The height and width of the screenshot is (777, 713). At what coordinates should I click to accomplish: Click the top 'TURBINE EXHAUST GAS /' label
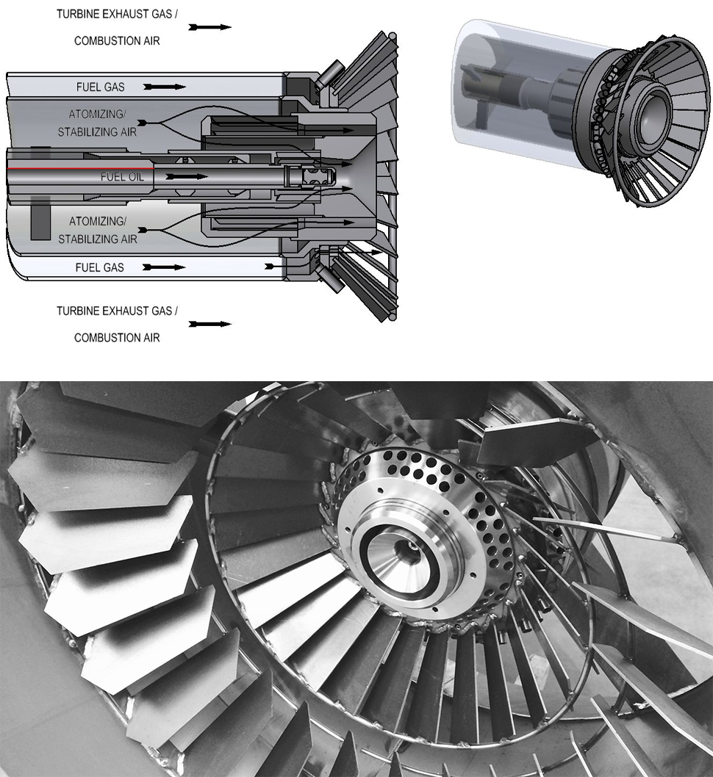(117, 14)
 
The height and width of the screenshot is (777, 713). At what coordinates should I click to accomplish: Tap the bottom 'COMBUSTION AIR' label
(117, 338)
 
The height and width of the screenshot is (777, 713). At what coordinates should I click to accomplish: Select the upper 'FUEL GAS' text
(100, 87)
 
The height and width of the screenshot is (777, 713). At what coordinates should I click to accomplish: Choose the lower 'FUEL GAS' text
(100, 267)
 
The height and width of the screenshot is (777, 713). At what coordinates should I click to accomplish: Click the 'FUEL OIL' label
(122, 177)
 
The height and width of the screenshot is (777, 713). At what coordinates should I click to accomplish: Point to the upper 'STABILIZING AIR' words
(97, 132)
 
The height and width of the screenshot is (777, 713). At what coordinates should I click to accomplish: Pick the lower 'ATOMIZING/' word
(98, 221)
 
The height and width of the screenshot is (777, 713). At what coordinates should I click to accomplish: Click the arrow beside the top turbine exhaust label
(209, 27)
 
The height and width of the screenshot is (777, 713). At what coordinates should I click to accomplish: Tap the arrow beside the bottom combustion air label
(209, 324)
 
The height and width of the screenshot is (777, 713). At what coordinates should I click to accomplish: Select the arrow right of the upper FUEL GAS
(165, 87)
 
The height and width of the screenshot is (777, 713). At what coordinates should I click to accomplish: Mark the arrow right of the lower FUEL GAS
(164, 267)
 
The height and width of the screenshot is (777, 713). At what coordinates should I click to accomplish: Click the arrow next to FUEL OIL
(187, 176)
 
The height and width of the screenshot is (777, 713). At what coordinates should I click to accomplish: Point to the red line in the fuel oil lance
(80, 169)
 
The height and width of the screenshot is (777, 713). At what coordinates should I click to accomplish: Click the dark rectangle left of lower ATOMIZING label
(40, 218)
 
